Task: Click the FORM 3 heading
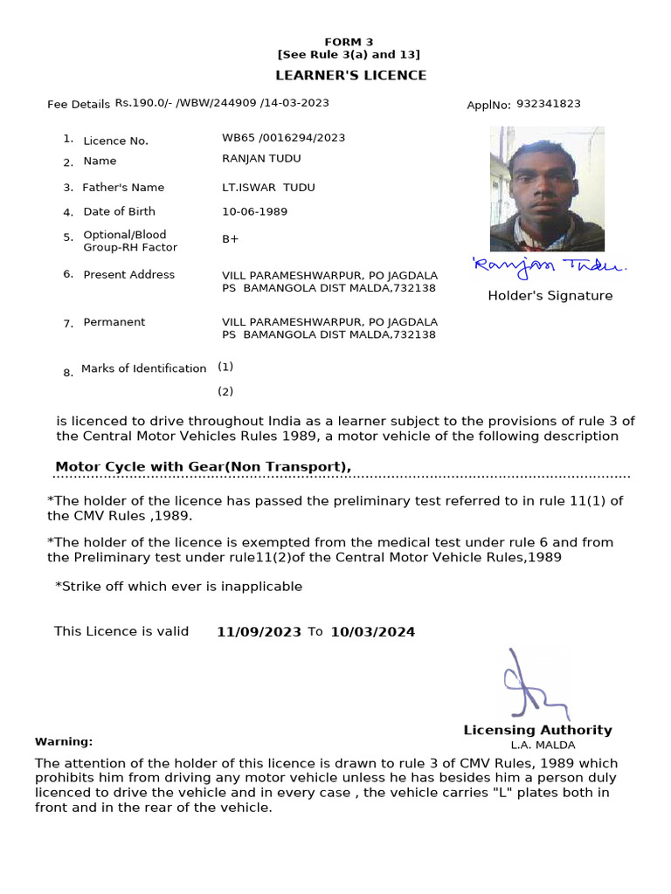(x=349, y=42)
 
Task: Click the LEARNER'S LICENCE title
(x=351, y=75)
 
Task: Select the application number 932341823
(x=548, y=104)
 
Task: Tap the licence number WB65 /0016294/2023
(x=283, y=137)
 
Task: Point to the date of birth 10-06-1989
(x=254, y=211)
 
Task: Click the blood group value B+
(x=231, y=239)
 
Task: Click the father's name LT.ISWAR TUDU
(x=268, y=188)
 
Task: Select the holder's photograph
(x=547, y=189)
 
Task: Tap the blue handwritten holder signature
(x=549, y=265)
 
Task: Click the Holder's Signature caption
(x=550, y=296)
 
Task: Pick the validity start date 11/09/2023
(x=259, y=632)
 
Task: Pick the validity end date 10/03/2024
(x=372, y=632)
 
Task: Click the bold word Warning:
(x=64, y=741)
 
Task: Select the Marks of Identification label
(x=143, y=368)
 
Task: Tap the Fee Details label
(x=79, y=105)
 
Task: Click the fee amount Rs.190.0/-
(x=143, y=103)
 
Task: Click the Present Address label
(x=128, y=274)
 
